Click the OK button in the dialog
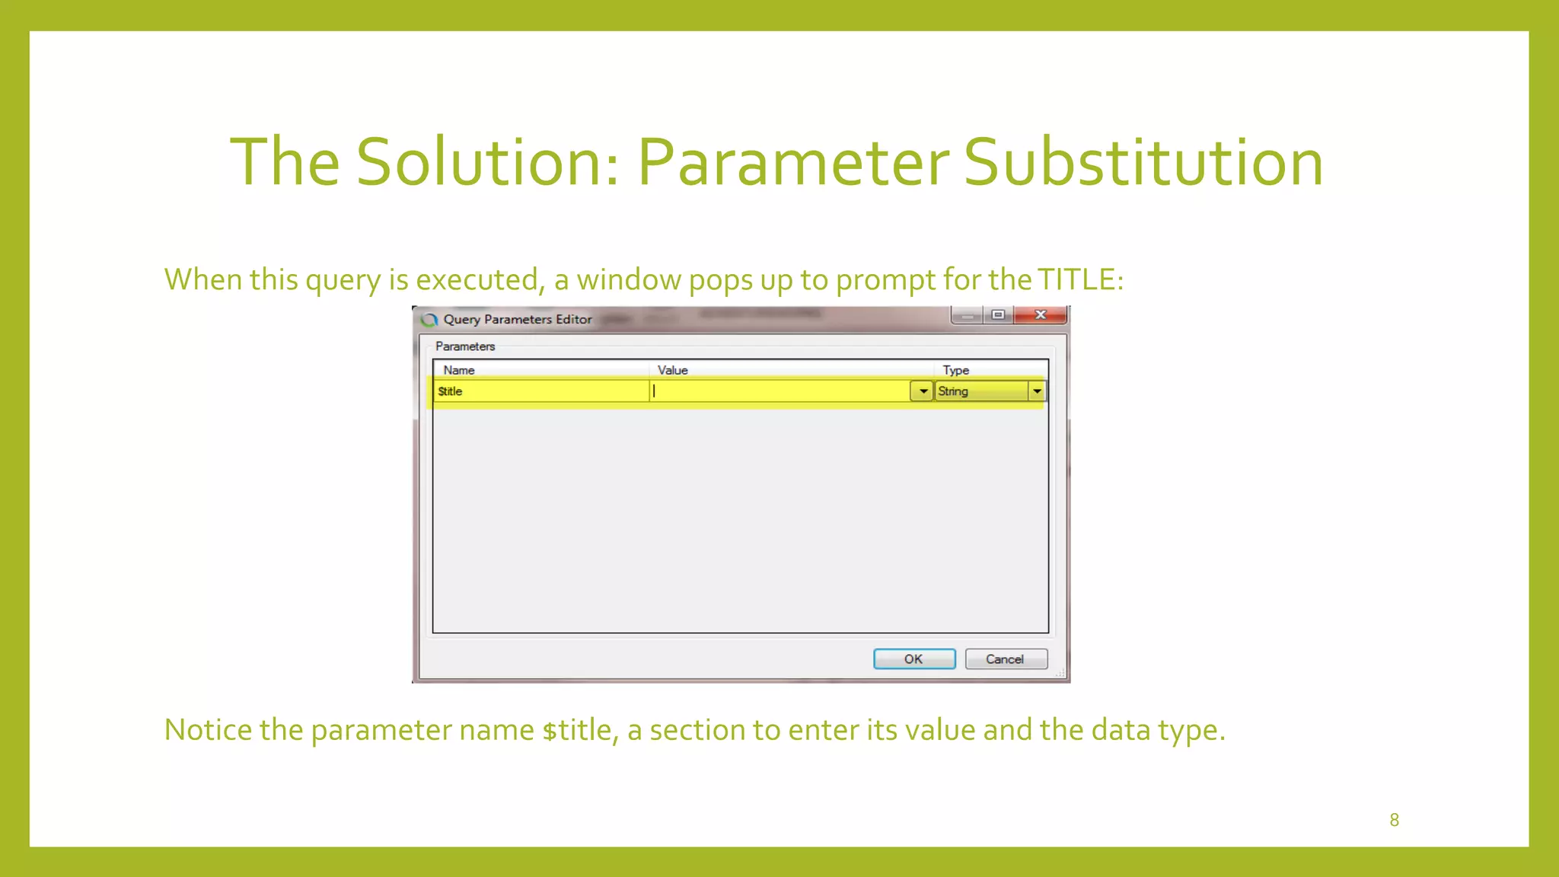pyautogui.click(x=913, y=659)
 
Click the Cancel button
pyautogui.click(x=1005, y=659)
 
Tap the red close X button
pyautogui.click(x=1040, y=315)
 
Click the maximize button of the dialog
pyautogui.click(x=998, y=315)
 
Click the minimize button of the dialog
pyautogui.click(x=967, y=315)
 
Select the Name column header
pyautogui.click(x=459, y=370)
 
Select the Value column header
pyautogui.click(x=672, y=370)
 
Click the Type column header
pyautogui.click(x=955, y=370)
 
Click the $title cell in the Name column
pyautogui.click(x=451, y=391)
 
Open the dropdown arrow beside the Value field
pyautogui.click(x=923, y=391)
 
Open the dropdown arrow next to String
pyautogui.click(x=1037, y=391)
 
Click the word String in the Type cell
pyautogui.click(x=953, y=391)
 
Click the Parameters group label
pyautogui.click(x=465, y=346)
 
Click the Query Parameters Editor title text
pyautogui.click(x=518, y=320)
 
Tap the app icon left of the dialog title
pyautogui.click(x=429, y=320)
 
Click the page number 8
pyautogui.click(x=1394, y=820)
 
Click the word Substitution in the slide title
pyautogui.click(x=1143, y=162)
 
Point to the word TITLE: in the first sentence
pyautogui.click(x=1081, y=279)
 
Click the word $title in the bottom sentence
pyautogui.click(x=579, y=730)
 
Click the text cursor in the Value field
pyautogui.click(x=654, y=391)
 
